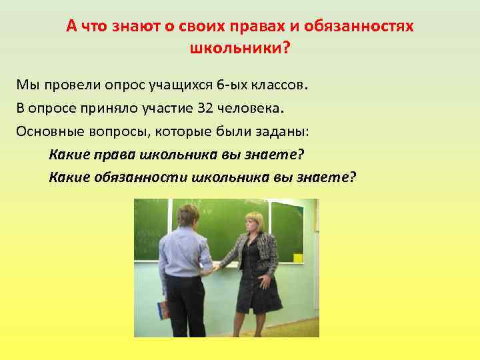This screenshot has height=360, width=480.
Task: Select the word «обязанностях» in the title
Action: coord(361,27)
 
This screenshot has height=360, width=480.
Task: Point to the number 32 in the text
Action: coord(205,108)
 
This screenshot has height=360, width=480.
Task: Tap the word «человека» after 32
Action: coord(249,108)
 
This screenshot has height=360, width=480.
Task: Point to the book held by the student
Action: coord(163,309)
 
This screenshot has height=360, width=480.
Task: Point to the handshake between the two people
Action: coord(216,267)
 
